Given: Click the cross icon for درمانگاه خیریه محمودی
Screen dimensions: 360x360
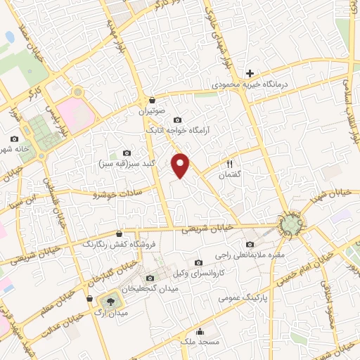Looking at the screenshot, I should pos(250,73).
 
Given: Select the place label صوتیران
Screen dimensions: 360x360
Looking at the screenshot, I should pos(151,111).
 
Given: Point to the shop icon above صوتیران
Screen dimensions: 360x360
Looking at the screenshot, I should pos(152,100).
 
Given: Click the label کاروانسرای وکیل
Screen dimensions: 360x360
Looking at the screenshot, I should pos(199,271).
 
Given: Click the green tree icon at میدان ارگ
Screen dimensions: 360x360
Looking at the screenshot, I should pos(114,301).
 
